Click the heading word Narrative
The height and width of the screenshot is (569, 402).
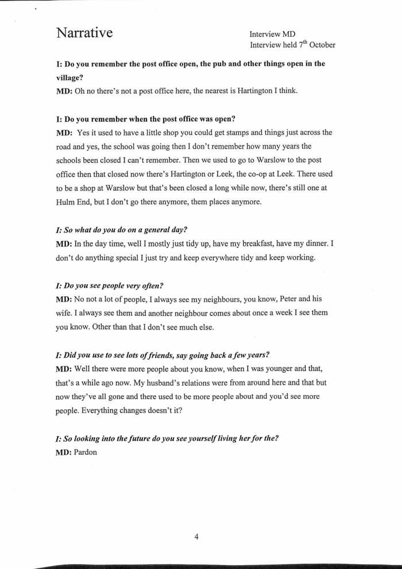click(84, 34)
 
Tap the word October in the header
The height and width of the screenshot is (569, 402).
click(322, 45)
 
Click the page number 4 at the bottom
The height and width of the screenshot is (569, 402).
click(196, 537)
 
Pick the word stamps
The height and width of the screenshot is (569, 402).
click(224, 133)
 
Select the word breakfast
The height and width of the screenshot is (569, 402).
click(249, 243)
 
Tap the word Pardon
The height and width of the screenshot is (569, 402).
click(86, 452)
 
